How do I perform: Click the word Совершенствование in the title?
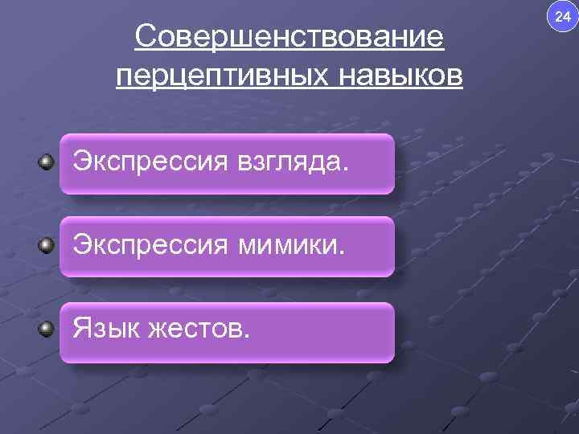point(289,37)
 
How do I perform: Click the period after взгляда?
point(347,170)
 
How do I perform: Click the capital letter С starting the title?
point(146,37)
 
